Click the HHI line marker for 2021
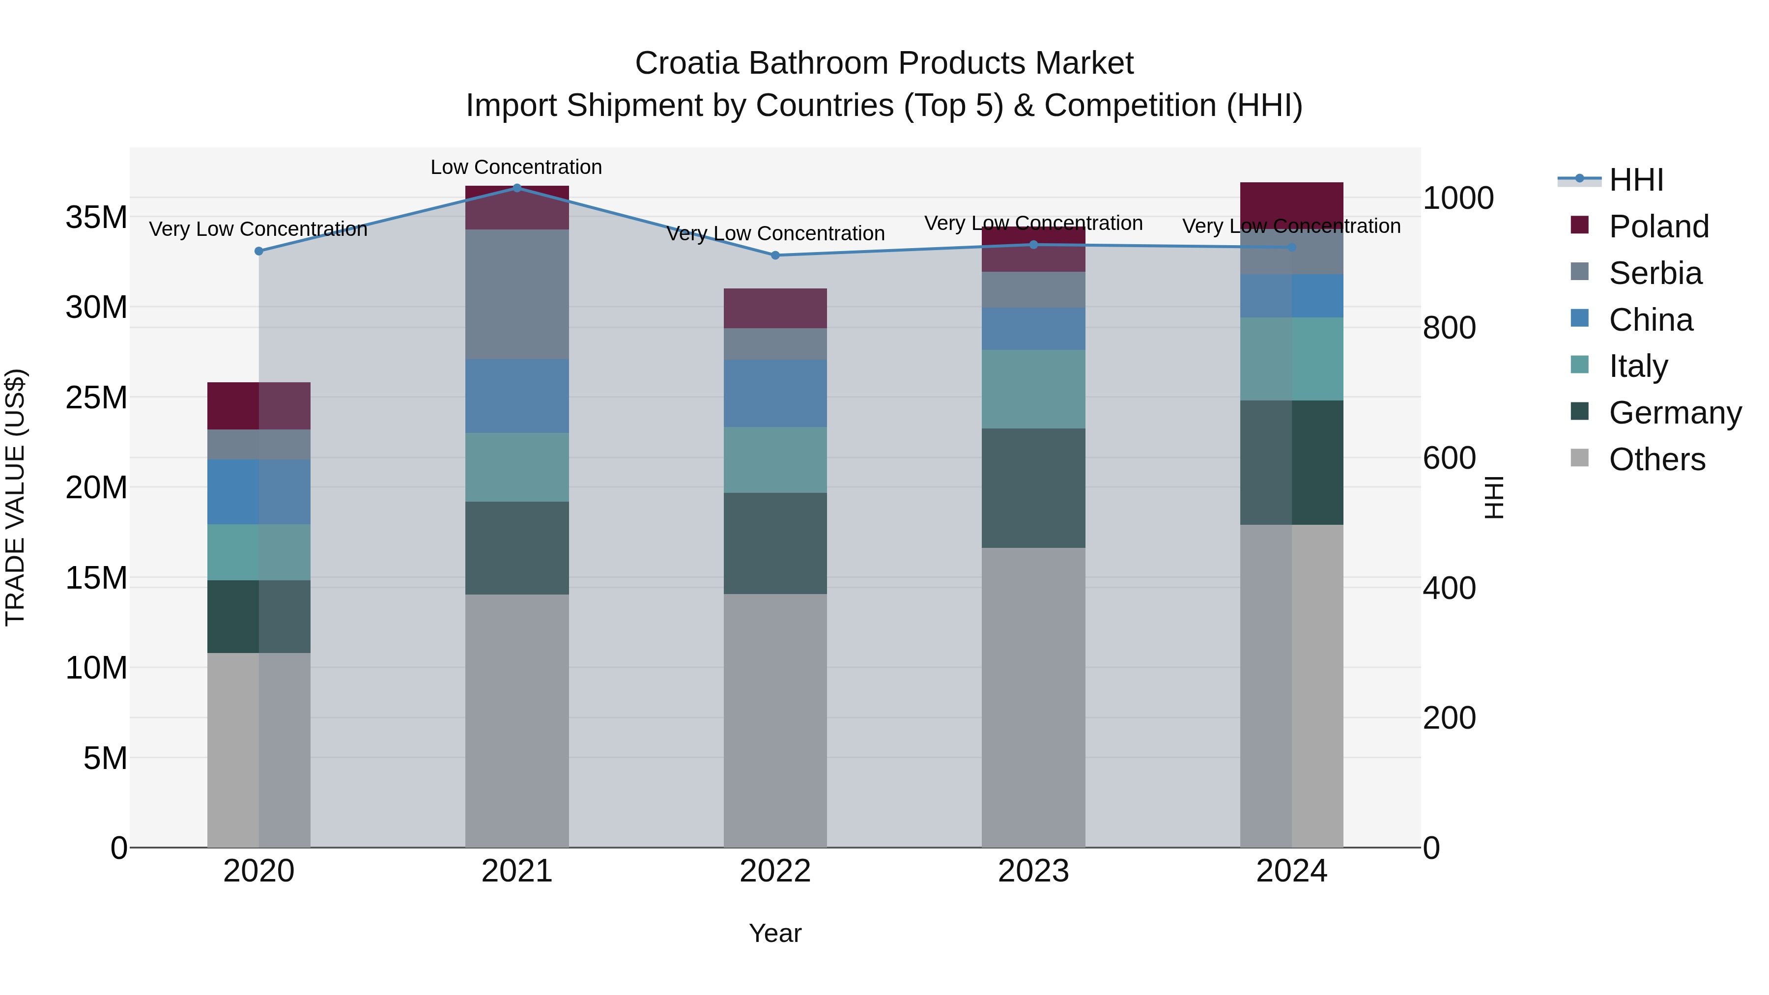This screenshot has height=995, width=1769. (x=517, y=188)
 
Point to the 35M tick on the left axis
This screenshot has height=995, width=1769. (x=96, y=218)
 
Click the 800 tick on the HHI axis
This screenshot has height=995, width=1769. (x=1449, y=328)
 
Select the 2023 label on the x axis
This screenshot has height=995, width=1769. (x=1033, y=871)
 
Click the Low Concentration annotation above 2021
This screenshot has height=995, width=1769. (x=516, y=167)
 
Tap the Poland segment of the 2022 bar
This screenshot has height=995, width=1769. (x=775, y=308)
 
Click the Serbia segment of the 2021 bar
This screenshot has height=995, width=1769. (x=517, y=294)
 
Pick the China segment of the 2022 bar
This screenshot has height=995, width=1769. (x=775, y=394)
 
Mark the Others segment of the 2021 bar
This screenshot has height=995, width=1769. (x=517, y=720)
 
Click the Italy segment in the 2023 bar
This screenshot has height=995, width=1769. (x=1033, y=389)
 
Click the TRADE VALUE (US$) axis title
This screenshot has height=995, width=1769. (x=15, y=497)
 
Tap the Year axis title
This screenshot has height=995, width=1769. (x=775, y=933)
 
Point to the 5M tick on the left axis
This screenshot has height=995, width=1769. (x=105, y=758)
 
